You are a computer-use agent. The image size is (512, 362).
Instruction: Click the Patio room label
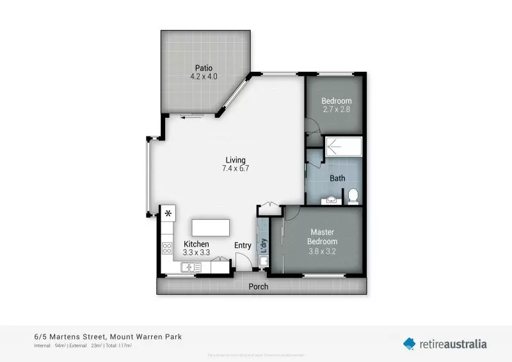204,67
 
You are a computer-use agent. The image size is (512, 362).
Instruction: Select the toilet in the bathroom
353,195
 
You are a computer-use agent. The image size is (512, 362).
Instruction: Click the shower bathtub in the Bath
344,149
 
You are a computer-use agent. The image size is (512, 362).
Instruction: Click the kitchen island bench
211,228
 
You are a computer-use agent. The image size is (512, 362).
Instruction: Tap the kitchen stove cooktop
168,247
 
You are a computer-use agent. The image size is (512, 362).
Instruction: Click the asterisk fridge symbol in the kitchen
168,214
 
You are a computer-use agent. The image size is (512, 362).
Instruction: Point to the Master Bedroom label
323,236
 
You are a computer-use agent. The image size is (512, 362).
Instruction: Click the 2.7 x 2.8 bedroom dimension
336,110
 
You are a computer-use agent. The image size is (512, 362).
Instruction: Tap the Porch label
259,286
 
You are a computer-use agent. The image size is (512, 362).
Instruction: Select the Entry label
243,245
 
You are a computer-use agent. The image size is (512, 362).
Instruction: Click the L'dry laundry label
263,244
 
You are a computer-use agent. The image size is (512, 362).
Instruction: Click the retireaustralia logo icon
409,343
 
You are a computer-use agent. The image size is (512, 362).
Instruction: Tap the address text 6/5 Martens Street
70,336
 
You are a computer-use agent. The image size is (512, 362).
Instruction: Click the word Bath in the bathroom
337,178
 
